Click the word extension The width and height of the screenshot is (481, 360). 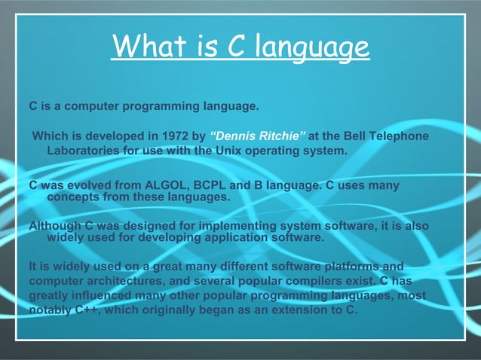[x=295, y=310]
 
